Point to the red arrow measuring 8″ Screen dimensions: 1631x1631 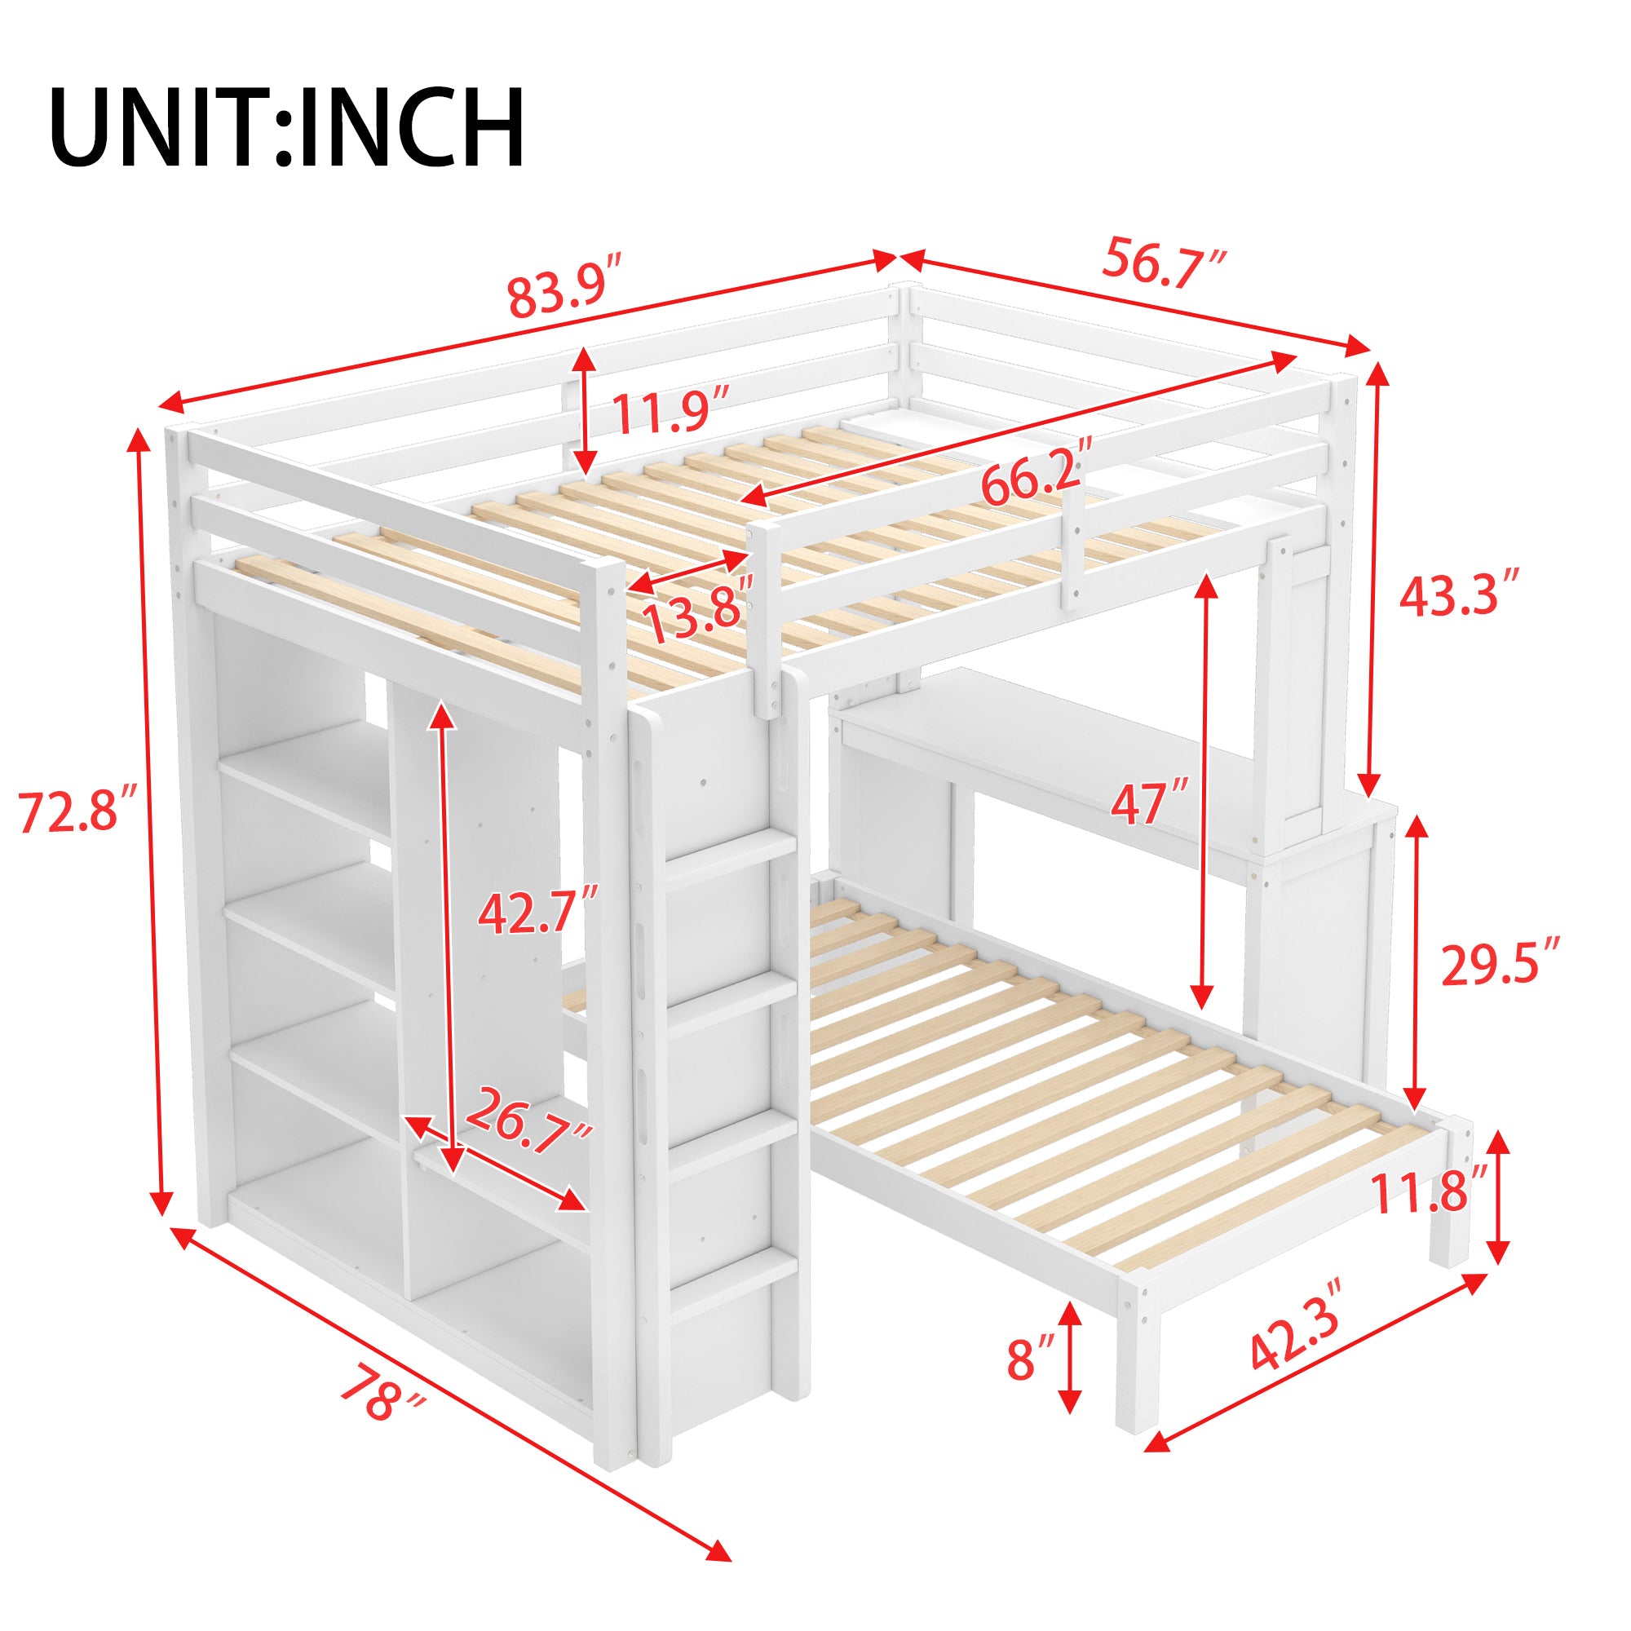pos(1072,1357)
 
